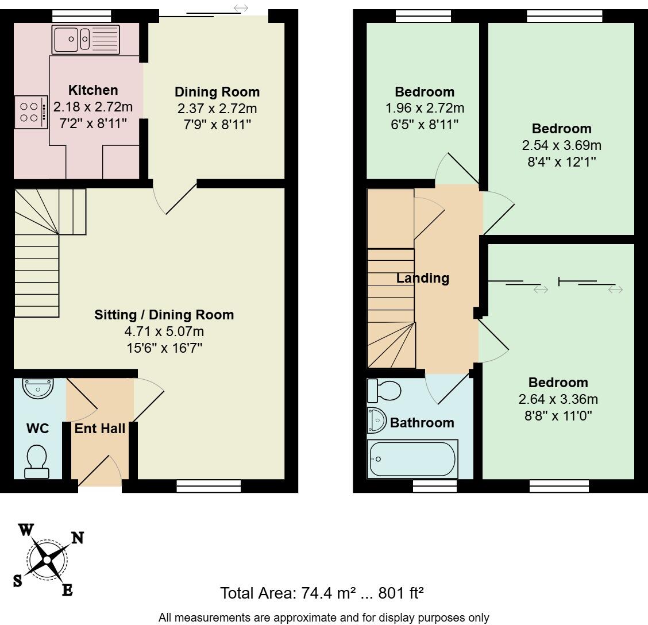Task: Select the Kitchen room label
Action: click(x=93, y=90)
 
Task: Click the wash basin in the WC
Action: click(x=38, y=388)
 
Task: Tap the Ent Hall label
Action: click(x=100, y=428)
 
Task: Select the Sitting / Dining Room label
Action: click(x=164, y=315)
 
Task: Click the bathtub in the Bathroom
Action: click(x=412, y=459)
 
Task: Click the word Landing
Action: click(x=423, y=279)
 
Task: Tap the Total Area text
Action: click(x=322, y=592)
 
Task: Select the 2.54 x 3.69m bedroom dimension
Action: click(x=561, y=145)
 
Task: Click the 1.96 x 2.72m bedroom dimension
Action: click(x=424, y=108)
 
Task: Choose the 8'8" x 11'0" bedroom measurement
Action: click(x=558, y=415)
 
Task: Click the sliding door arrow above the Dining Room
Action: click(x=241, y=8)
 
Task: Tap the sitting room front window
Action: click(x=209, y=487)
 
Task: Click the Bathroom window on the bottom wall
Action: click(x=435, y=487)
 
